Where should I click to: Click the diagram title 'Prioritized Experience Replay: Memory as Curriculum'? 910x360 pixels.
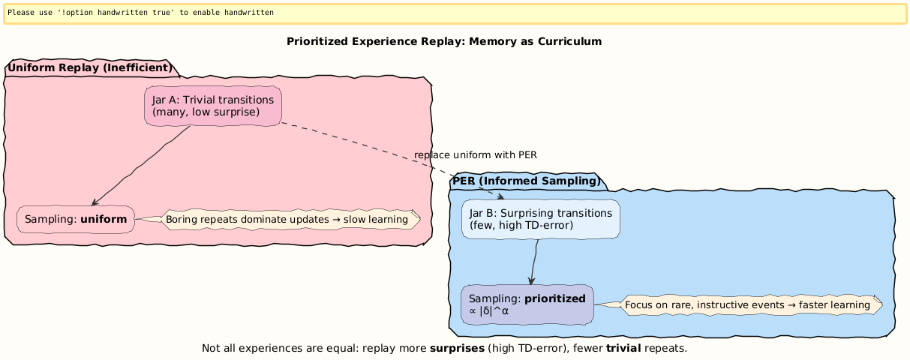[x=444, y=41]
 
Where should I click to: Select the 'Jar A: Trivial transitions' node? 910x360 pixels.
[x=212, y=106]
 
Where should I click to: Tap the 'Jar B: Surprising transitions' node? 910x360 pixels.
[x=540, y=218]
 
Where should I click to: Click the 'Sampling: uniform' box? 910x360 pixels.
[x=75, y=219]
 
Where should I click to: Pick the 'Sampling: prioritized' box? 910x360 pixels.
[x=527, y=304]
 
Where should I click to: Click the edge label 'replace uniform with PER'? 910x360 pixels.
[x=475, y=154]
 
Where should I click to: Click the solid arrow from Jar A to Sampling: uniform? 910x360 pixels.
[x=143, y=165]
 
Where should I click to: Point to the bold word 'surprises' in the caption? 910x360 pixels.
[x=457, y=349]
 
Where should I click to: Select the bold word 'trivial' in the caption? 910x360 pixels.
[x=623, y=349]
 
